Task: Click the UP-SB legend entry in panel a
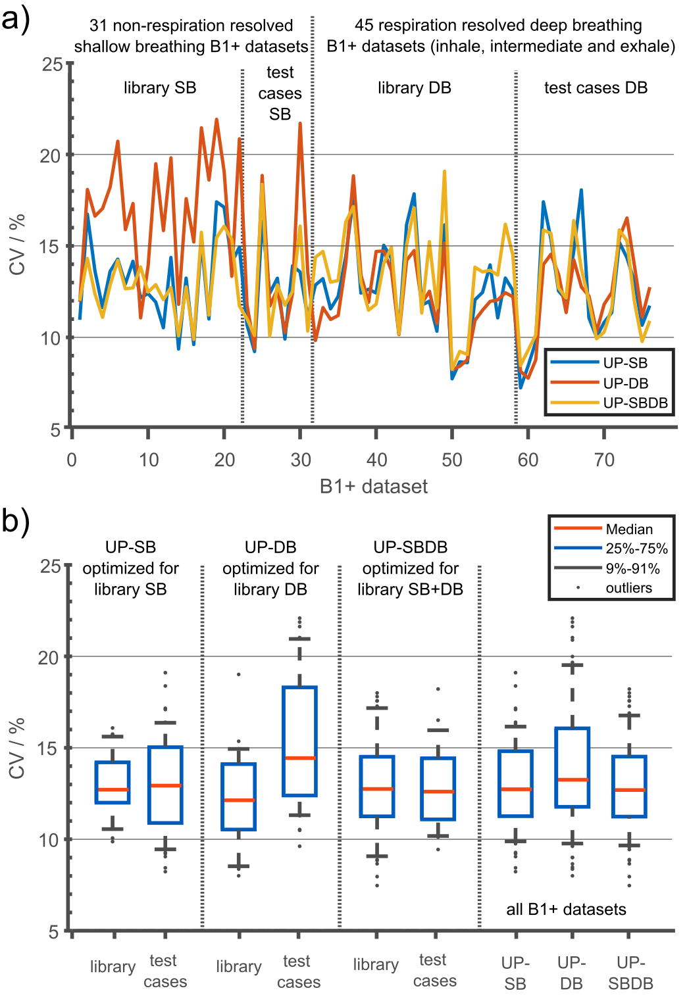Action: tap(625, 363)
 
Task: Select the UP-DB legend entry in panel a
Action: tap(625, 383)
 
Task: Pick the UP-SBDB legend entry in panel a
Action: tap(635, 403)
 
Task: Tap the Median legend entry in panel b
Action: tap(629, 529)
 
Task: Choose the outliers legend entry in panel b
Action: tap(628, 588)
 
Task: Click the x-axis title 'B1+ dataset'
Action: tap(373, 486)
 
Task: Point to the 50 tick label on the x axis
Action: tap(452, 460)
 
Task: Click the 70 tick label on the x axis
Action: tap(604, 460)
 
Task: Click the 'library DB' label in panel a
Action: tap(414, 87)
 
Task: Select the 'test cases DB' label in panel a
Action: tap(596, 87)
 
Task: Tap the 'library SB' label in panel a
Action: tap(160, 87)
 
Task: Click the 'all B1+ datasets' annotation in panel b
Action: tap(566, 909)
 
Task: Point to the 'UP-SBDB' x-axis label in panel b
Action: tap(630, 973)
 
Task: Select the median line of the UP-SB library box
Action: tap(113, 789)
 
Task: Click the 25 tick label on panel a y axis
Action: tap(52, 64)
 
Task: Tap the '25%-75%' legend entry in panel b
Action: tap(636, 549)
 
